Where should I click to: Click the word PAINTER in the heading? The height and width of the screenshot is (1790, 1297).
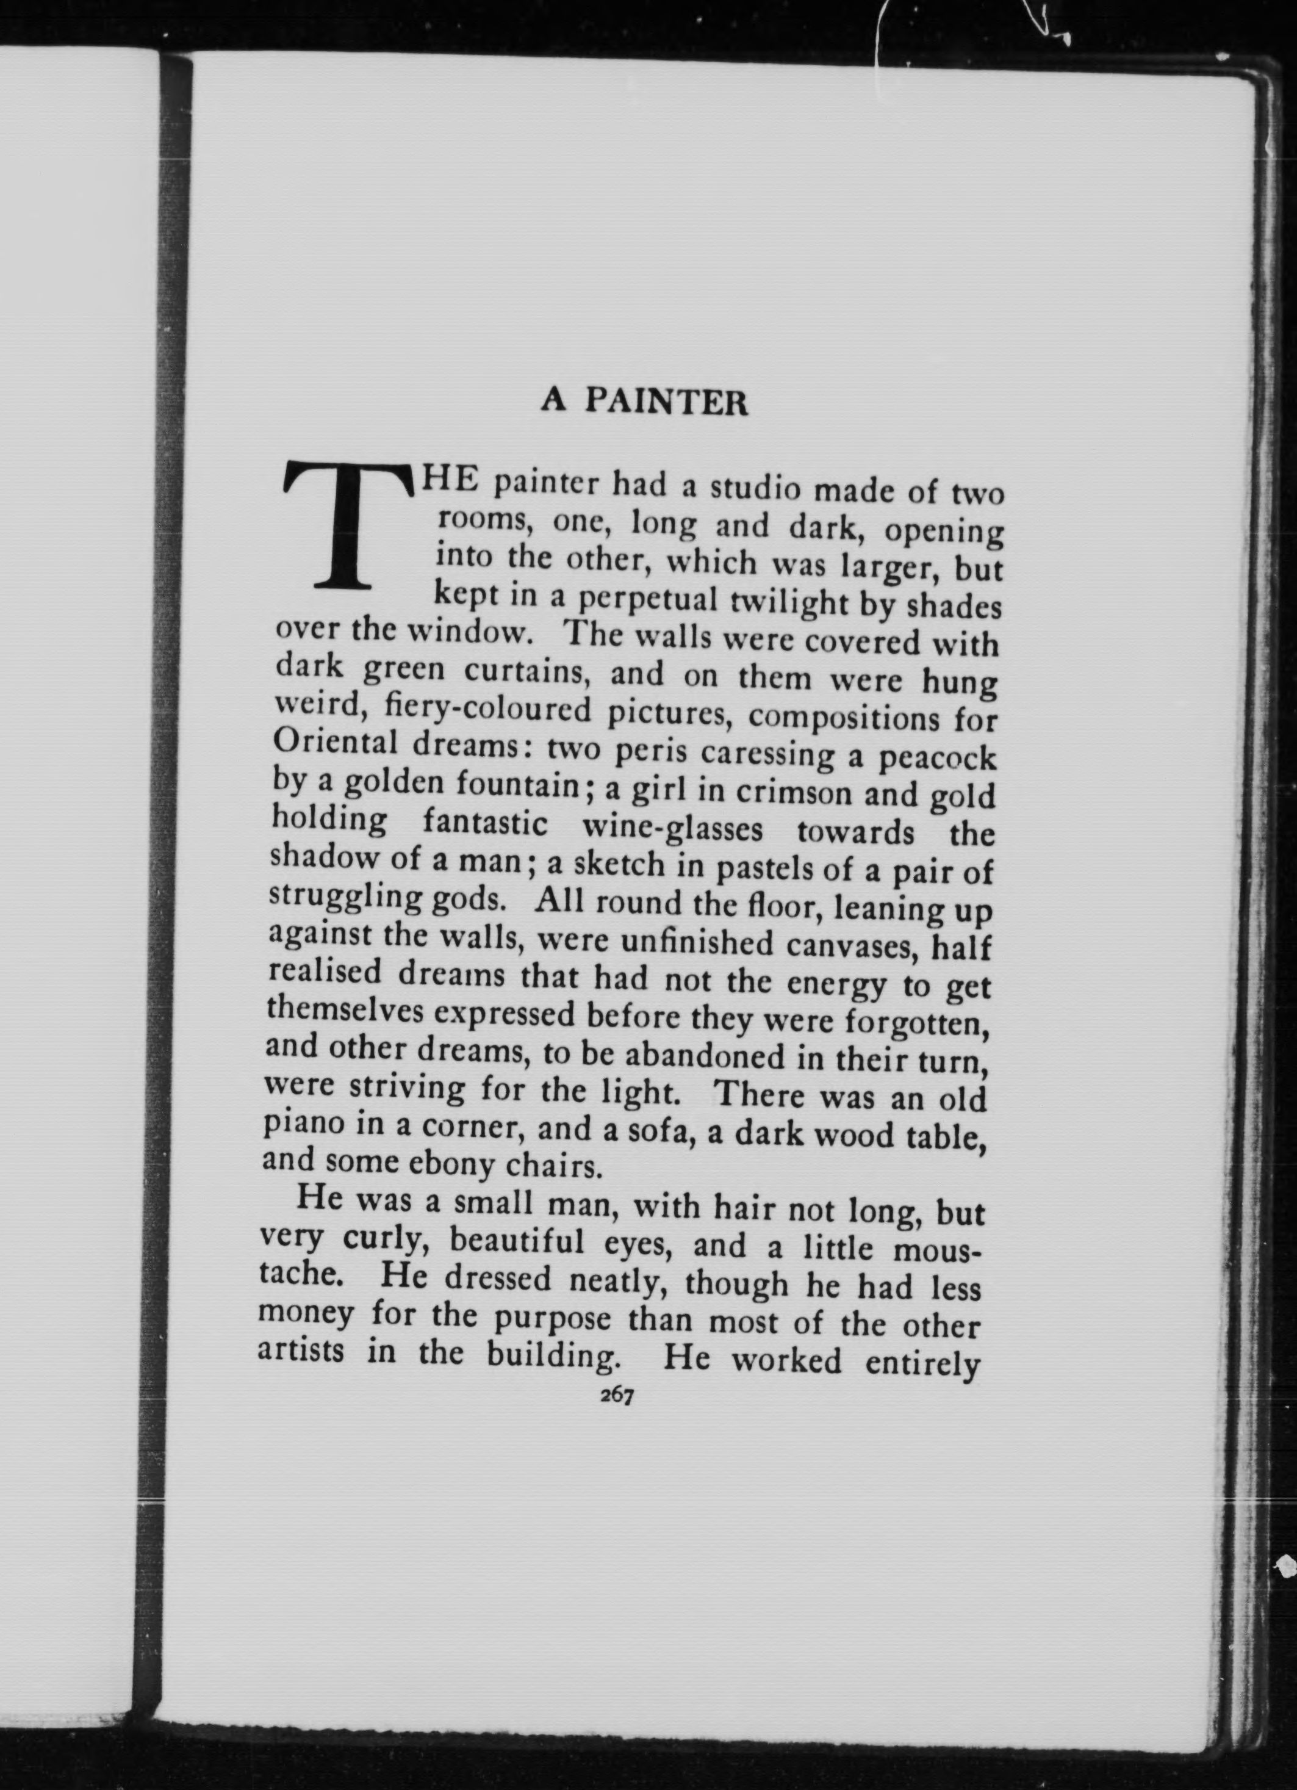coord(667,403)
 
